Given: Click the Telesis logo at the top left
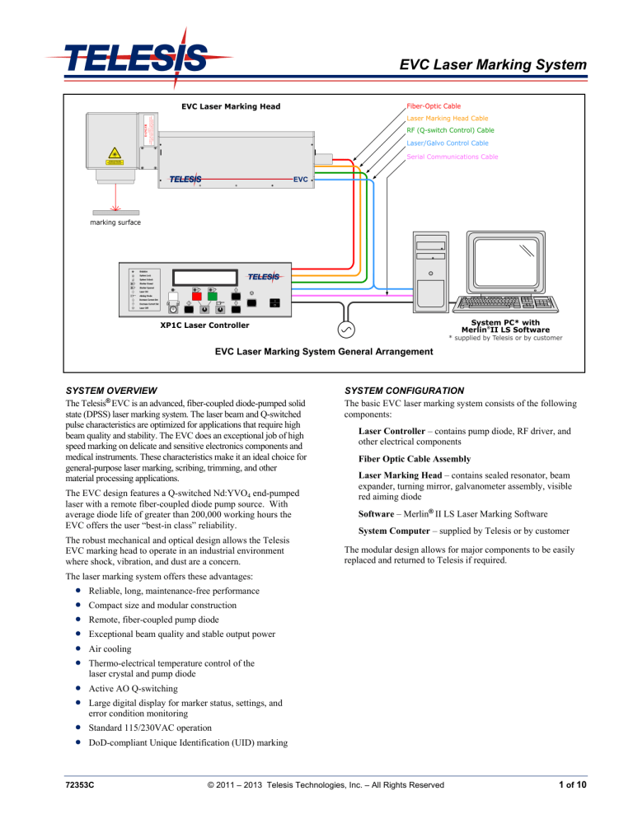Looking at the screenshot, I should pyautogui.click(x=138, y=58).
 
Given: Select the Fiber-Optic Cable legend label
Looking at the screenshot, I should pyautogui.click(x=434, y=106).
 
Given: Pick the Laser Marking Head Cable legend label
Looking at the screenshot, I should pyautogui.click(x=448, y=119).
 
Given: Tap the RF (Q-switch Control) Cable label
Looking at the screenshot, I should pyautogui.click(x=451, y=130).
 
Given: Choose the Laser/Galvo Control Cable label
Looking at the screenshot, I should pyautogui.click(x=448, y=143).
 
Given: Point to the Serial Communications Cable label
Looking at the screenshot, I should pyautogui.click(x=452, y=157).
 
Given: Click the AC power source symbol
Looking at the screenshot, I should pyautogui.click(x=346, y=330).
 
